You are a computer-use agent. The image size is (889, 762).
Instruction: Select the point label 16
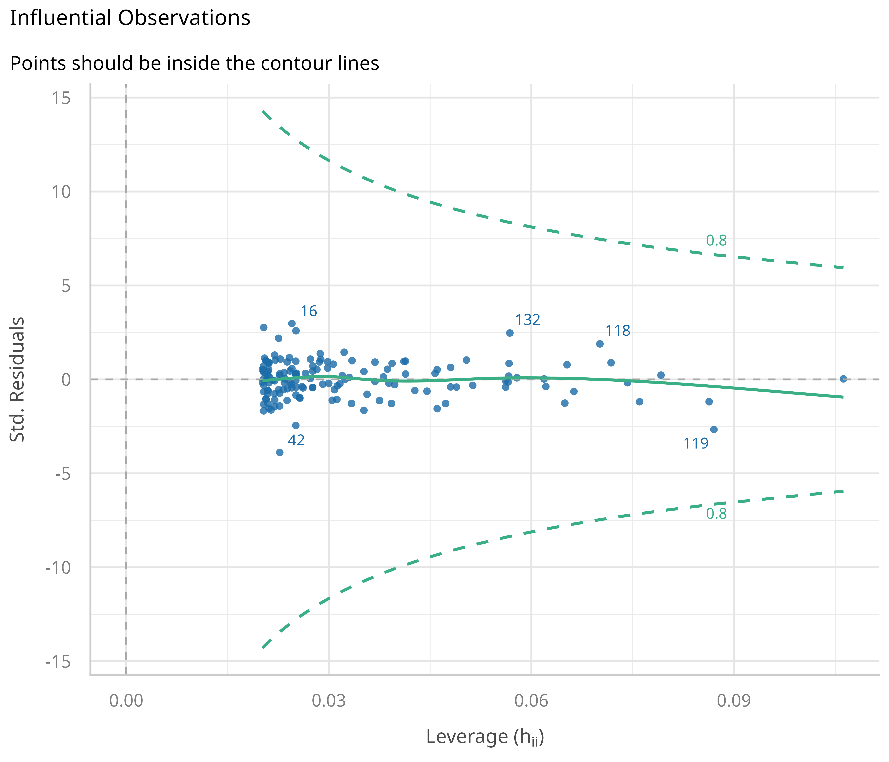click(x=308, y=311)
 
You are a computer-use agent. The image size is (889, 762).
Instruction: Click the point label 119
click(x=696, y=443)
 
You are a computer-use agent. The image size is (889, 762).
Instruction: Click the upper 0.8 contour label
click(x=716, y=241)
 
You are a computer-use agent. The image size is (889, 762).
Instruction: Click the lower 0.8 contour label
click(x=716, y=514)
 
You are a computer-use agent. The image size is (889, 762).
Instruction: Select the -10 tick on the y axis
click(x=58, y=568)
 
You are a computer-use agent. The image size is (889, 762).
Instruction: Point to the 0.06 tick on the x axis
click(x=531, y=701)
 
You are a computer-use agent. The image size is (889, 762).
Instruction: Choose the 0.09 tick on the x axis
click(x=734, y=701)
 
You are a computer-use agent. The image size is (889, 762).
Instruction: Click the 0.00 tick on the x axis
click(x=126, y=701)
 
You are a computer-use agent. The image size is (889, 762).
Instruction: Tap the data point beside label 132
click(x=510, y=333)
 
